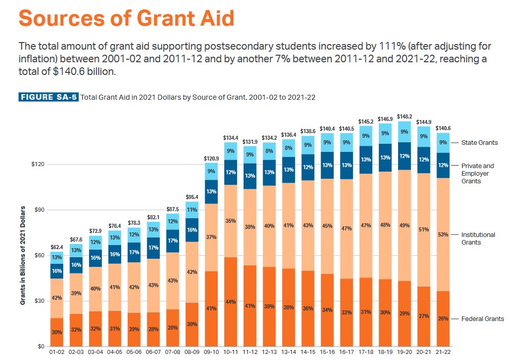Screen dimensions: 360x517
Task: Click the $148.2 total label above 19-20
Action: coord(404,116)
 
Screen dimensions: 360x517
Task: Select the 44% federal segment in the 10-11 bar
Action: coord(230,302)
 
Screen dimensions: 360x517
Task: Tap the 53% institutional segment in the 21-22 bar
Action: coord(443,234)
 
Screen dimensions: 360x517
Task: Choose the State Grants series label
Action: coord(479,143)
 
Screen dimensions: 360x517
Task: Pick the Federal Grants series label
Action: coord(482,319)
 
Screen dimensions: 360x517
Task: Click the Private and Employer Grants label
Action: coord(477,173)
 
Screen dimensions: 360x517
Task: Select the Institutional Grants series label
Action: coord(478,238)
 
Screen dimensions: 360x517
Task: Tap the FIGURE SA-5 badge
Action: coord(49,97)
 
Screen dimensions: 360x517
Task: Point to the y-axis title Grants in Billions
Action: coord(23,255)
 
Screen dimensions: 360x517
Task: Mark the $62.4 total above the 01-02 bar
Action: coord(57,247)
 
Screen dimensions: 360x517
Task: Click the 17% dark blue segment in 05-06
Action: coord(134,252)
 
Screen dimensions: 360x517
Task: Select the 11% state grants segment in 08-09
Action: coord(192,210)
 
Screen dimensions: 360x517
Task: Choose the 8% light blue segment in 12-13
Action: coord(269,151)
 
